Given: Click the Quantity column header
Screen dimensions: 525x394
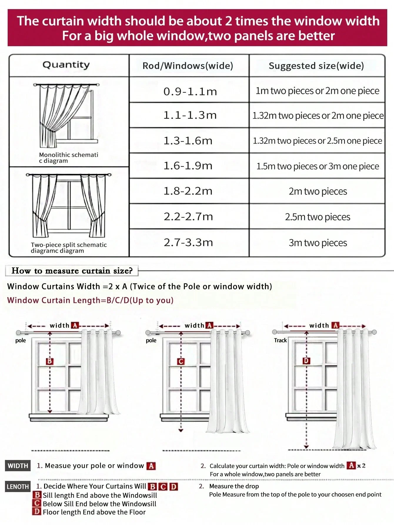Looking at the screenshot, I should tap(66, 65).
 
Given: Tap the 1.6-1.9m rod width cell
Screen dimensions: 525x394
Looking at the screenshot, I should tap(188, 166).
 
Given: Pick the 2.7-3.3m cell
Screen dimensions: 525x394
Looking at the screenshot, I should tap(188, 243).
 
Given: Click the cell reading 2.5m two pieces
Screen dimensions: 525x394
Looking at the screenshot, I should tap(317, 217).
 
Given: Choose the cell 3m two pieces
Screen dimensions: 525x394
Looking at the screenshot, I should tap(318, 243).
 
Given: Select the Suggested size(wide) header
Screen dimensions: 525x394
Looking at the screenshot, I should tap(316, 66).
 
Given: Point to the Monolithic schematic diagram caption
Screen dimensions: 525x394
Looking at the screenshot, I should tap(68, 158).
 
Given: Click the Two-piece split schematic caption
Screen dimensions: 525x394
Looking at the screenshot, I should tap(69, 248).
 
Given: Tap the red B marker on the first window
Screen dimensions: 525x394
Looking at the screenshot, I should tap(49, 361).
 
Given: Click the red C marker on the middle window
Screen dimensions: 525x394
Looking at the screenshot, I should tap(181, 361).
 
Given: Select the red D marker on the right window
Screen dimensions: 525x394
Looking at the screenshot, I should tap(306, 361).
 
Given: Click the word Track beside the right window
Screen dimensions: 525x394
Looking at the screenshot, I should tap(280, 340).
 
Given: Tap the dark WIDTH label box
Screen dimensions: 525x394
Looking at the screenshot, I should tap(18, 466).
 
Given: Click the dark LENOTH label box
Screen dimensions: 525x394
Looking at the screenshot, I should tap(18, 487).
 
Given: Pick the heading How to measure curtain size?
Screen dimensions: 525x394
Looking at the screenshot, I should tap(72, 271).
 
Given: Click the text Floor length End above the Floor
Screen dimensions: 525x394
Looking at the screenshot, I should tap(94, 512).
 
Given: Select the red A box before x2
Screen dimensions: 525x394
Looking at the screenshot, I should tap(351, 465).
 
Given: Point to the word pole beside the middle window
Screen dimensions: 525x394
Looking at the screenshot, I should tap(151, 340).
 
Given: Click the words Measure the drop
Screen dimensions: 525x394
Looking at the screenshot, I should tap(234, 486).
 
